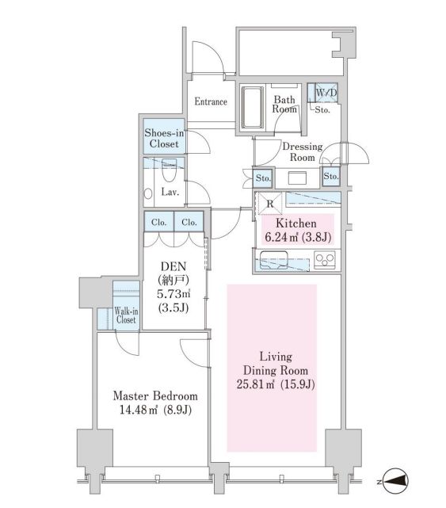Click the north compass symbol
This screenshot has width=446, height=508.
[396, 481]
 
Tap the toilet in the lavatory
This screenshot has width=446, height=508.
[169, 170]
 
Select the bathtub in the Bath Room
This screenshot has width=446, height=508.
[253, 107]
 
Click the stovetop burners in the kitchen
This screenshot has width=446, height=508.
[325, 260]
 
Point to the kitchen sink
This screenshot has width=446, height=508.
[273, 260]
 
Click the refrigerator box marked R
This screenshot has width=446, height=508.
[269, 203]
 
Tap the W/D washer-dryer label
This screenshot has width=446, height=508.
[326, 93]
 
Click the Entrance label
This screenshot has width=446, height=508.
[211, 101]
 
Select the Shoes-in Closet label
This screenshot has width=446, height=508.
[164, 139]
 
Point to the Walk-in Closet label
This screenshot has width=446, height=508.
[126, 315]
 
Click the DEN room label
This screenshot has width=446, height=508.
[173, 266]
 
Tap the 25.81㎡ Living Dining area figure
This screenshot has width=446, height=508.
[256, 384]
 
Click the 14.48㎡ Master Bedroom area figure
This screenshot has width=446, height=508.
[139, 411]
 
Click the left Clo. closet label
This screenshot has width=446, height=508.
[158, 222]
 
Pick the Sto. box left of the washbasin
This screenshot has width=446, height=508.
[263, 178]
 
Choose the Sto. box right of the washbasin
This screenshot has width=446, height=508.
[330, 176]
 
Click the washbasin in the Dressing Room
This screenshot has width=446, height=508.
[297, 178]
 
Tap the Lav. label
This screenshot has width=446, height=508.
[170, 192]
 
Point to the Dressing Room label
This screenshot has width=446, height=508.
[303, 152]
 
